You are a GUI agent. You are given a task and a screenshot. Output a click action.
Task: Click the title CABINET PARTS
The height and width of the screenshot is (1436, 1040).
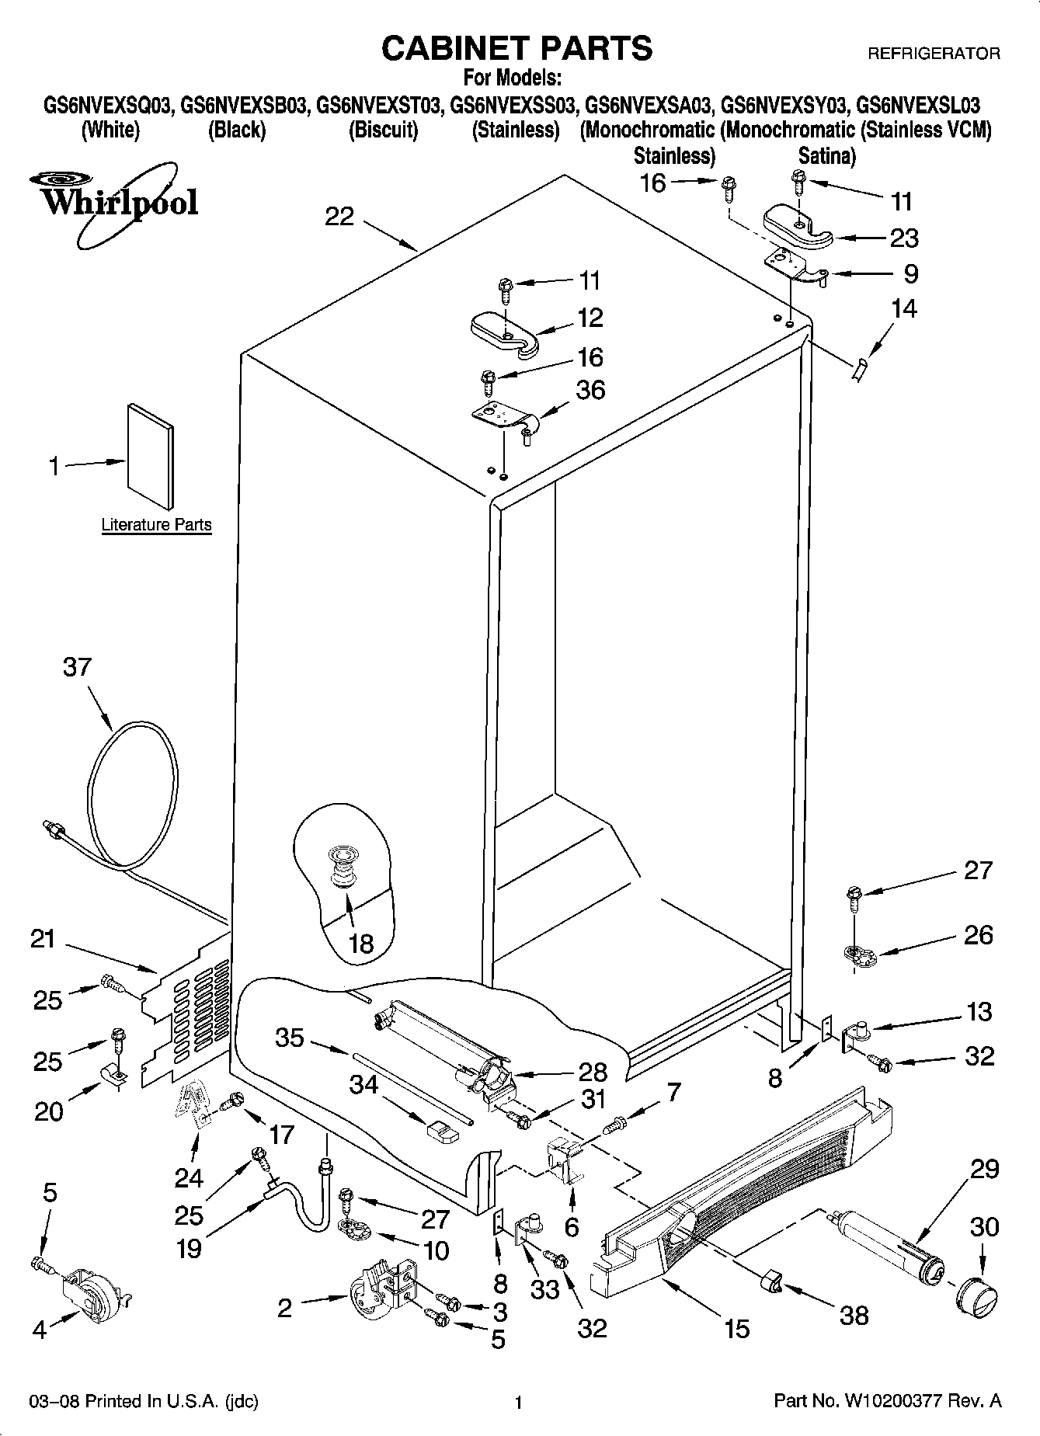(517, 48)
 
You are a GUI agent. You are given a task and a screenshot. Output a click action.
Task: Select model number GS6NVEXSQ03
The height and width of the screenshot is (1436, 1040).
(107, 105)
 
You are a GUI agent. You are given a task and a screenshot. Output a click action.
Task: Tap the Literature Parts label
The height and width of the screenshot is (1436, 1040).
(156, 525)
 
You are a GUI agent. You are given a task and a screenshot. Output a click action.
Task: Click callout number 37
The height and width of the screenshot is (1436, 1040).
(77, 667)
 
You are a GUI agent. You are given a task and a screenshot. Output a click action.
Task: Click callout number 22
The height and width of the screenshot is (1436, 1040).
(339, 217)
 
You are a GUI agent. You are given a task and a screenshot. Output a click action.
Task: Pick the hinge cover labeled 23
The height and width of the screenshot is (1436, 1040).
(798, 228)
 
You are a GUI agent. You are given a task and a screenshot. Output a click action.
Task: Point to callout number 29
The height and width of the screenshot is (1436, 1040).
(984, 1169)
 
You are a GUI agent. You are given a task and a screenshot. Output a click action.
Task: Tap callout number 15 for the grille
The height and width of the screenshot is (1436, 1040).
(736, 1328)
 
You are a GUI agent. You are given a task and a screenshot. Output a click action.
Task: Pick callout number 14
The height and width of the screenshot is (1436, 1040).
(903, 309)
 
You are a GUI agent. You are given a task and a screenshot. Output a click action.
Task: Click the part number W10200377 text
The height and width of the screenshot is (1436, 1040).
(887, 1401)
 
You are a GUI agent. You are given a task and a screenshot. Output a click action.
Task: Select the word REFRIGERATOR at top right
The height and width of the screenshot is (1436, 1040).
(933, 54)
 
